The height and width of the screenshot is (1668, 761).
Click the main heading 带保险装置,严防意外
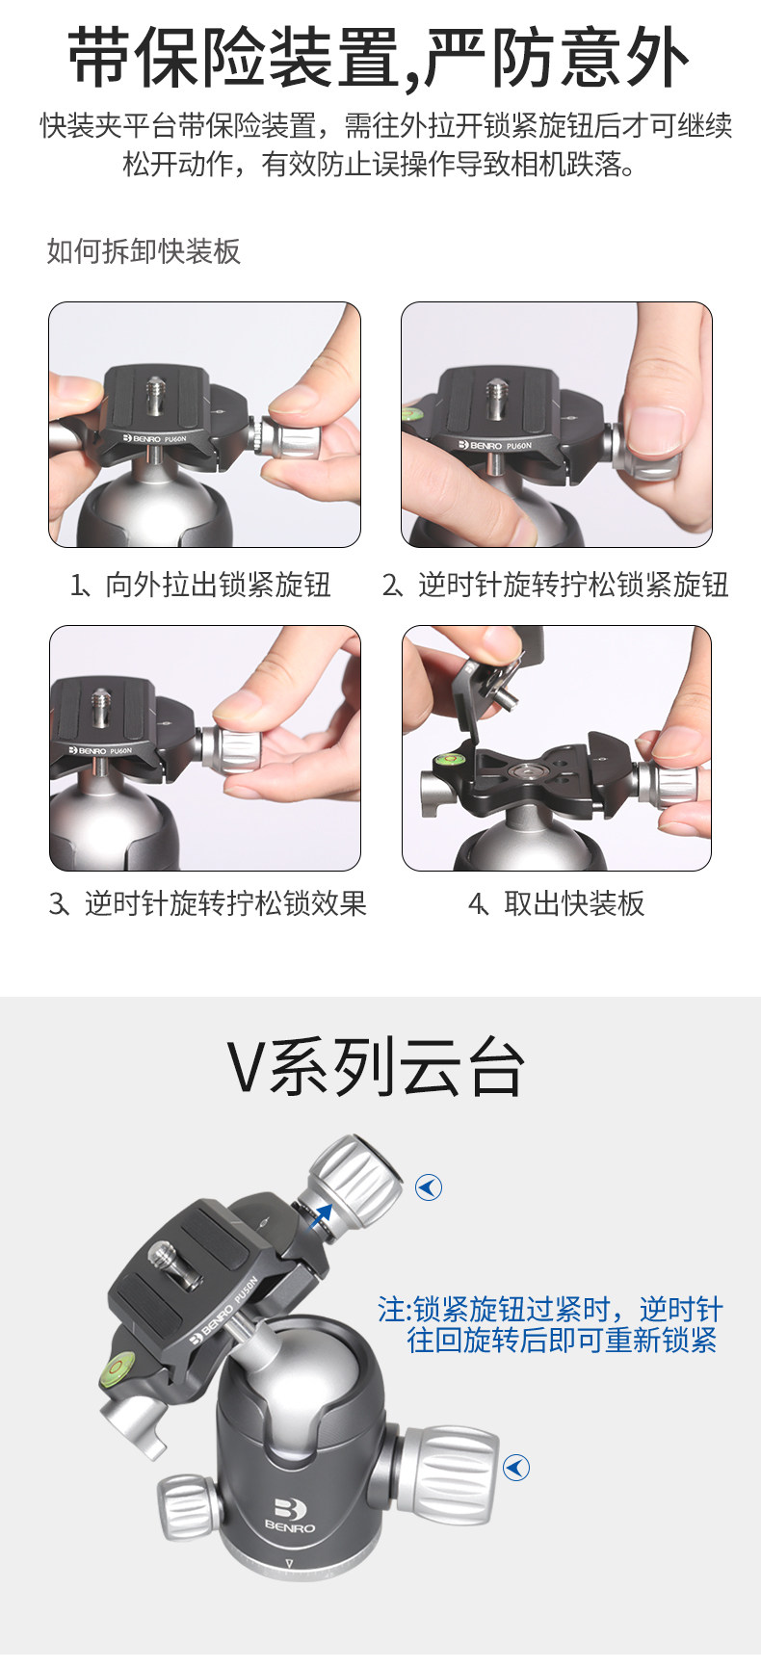click(x=379, y=58)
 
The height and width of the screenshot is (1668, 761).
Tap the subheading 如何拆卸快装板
click(x=144, y=251)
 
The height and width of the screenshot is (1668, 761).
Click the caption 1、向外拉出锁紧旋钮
click(x=200, y=585)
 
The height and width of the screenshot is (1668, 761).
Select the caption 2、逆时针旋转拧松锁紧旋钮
click(x=555, y=585)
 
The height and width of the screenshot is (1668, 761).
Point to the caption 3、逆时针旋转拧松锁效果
click(x=208, y=903)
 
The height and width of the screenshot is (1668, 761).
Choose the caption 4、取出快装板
click(x=556, y=903)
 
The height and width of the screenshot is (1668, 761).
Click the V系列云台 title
click(x=377, y=1067)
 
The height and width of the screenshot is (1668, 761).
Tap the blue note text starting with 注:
click(x=550, y=1324)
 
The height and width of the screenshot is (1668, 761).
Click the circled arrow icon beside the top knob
click(x=429, y=1187)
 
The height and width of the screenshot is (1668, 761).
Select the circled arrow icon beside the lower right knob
click(x=516, y=1467)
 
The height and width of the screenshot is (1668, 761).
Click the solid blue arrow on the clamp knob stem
click(x=321, y=1216)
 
